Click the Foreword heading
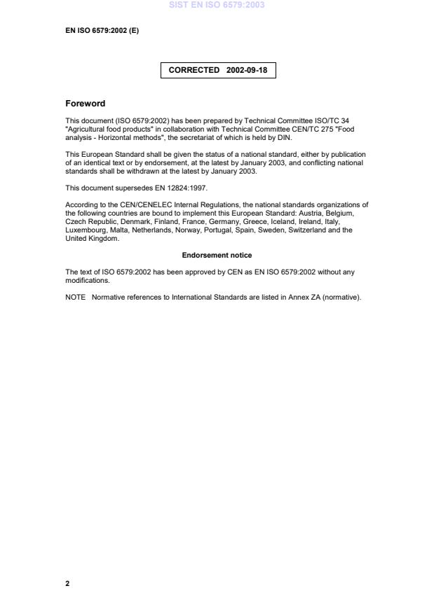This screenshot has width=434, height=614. (85, 104)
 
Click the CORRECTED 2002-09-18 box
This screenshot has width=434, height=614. (217, 70)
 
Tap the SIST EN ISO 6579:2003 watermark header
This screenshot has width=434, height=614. (217, 5)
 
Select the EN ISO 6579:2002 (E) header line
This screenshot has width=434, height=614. (102, 30)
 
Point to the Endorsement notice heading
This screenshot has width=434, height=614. (217, 256)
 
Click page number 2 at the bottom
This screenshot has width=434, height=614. (67, 583)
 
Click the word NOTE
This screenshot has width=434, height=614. (75, 298)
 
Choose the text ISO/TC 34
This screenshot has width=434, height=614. (332, 120)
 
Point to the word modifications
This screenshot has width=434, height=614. (87, 281)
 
